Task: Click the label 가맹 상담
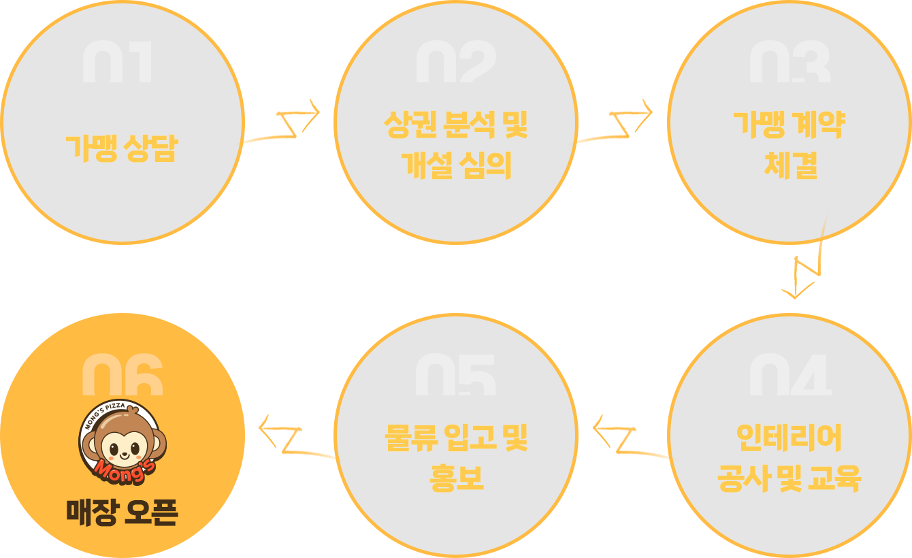point(120,148)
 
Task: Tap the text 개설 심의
point(455,165)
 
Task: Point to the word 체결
point(789,165)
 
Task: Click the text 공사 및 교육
point(789,478)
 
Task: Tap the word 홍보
point(455,478)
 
